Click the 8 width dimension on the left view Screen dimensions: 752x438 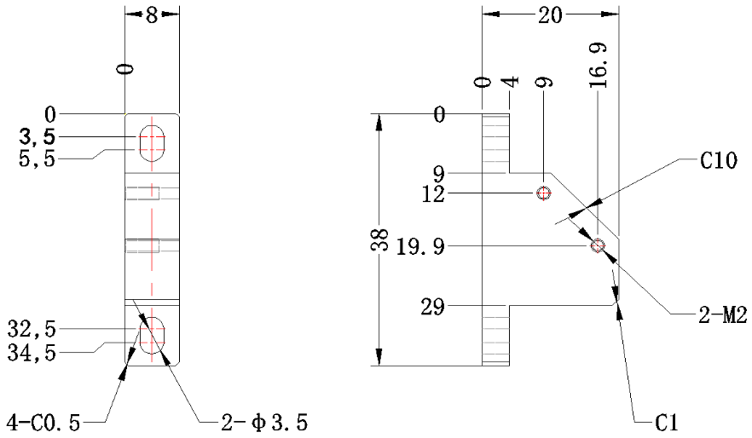pyautogui.click(x=152, y=15)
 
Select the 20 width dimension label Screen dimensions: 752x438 pyautogui.click(x=550, y=15)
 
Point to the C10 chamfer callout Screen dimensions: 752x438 pyautogui.click(x=719, y=160)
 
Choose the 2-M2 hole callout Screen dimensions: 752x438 pyautogui.click(x=723, y=315)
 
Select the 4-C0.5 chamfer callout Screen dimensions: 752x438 pyautogui.click(x=43, y=423)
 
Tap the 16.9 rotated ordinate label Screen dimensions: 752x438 pyautogui.click(x=599, y=65)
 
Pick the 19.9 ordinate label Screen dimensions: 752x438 pyautogui.click(x=420, y=247)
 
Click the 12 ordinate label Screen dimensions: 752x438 pyautogui.click(x=433, y=194)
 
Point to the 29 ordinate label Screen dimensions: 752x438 pyautogui.click(x=432, y=307)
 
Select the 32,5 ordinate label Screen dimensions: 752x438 pyautogui.click(x=32, y=330)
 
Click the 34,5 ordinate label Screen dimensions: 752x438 pyautogui.click(x=32, y=354)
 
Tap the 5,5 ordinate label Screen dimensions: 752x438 pyautogui.click(x=37, y=159)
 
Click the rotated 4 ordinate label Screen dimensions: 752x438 pyautogui.click(x=511, y=82)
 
